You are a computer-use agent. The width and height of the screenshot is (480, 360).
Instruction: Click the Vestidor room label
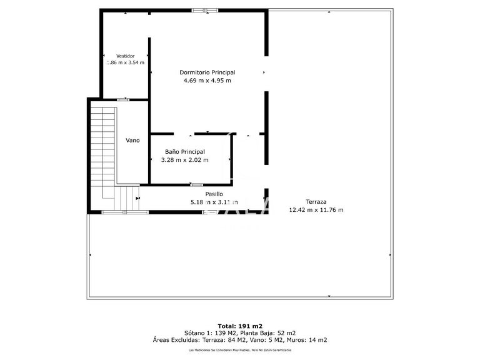tap(125, 56)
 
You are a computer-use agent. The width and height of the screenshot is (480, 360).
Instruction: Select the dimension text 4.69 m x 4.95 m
tap(207, 81)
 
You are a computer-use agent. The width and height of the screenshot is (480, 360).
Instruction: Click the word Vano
tap(132, 141)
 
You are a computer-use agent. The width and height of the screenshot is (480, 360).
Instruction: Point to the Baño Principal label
tap(184, 152)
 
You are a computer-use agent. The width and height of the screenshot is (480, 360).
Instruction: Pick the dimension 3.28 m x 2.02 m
tap(184, 160)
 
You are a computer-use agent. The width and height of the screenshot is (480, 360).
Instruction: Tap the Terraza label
tap(316, 201)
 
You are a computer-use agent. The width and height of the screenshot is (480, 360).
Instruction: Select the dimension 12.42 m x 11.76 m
tap(316, 210)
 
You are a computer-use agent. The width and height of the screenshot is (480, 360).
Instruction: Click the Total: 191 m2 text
tap(240, 326)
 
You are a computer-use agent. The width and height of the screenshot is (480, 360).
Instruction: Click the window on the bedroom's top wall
tap(205, 10)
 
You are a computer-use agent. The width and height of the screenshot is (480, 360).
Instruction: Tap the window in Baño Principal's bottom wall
tap(196, 184)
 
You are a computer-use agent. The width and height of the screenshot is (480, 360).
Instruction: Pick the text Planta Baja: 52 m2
tap(268, 333)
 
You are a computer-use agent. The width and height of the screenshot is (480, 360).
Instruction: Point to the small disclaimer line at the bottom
tap(240, 350)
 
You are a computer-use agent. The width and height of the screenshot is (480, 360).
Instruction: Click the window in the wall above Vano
tap(124, 99)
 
